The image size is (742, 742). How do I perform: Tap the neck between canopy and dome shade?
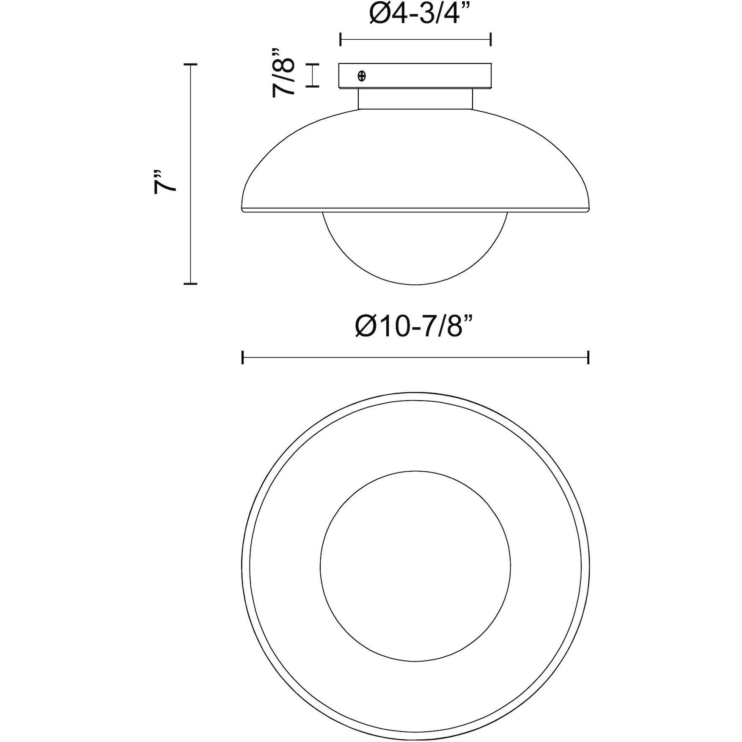pyautogui.click(x=415, y=99)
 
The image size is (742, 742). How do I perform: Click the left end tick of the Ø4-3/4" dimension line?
pyautogui.click(x=341, y=40)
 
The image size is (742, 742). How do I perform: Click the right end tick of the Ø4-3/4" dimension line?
pyautogui.click(x=490, y=40)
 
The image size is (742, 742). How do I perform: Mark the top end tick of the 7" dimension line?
pyautogui.click(x=190, y=64)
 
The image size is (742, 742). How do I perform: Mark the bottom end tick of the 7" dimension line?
pyautogui.click(x=190, y=283)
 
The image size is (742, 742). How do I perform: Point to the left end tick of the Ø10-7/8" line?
pyautogui.click(x=242, y=357)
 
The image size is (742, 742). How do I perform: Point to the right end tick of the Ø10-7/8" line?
pyautogui.click(x=588, y=357)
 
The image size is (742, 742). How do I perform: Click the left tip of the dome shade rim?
pyautogui.click(x=241, y=209)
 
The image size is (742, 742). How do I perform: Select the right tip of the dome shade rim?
pyautogui.click(x=589, y=209)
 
